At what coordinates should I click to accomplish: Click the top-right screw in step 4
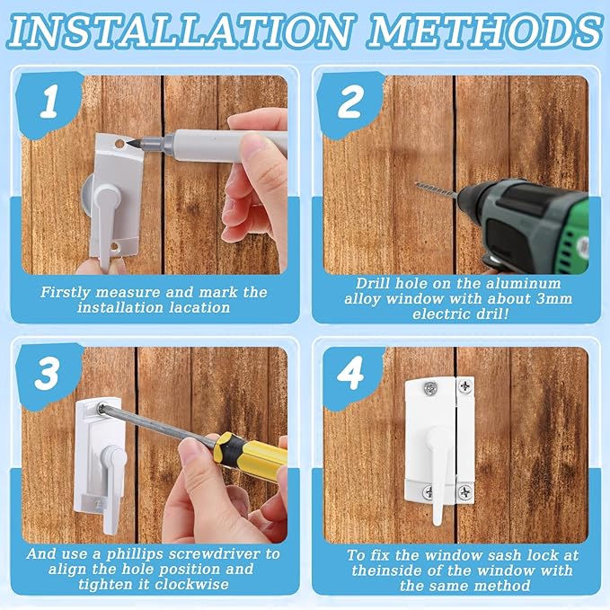point(466,387)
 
